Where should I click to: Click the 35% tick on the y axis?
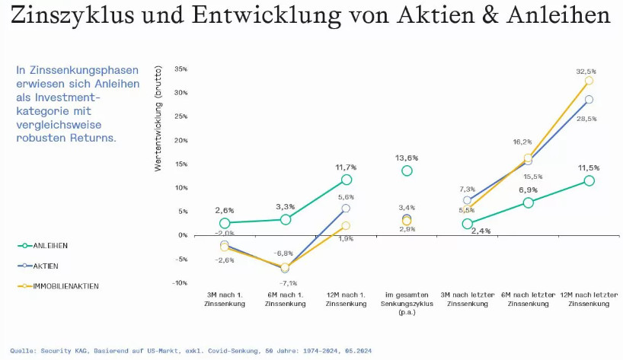181,69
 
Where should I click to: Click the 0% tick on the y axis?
183,235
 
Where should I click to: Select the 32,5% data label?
586,72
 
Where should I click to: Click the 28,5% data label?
586,119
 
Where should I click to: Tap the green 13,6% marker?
407,170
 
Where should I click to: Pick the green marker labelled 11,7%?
347,180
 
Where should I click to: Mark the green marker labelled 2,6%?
225,223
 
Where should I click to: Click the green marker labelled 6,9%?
529,202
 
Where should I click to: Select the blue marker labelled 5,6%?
347,208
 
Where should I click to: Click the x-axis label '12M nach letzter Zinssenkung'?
589,299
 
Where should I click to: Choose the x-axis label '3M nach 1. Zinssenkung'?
225,299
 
